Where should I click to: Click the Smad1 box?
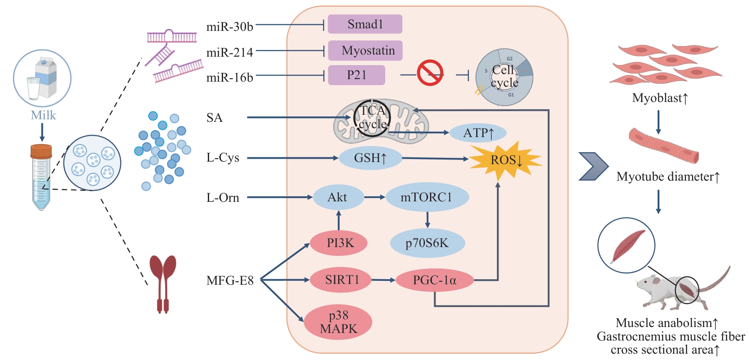click(x=365, y=24)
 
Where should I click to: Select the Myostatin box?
click(x=365, y=50)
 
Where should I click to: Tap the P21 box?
click(x=356, y=75)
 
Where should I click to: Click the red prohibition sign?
click(x=430, y=73)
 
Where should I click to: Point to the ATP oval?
click(x=478, y=133)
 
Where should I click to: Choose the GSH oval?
click(x=370, y=158)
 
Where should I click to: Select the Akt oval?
click(x=338, y=197)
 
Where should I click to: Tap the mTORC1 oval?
click(x=427, y=197)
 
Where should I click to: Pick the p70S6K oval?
click(x=427, y=243)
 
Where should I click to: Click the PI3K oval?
click(x=339, y=243)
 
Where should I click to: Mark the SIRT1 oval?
click(x=341, y=280)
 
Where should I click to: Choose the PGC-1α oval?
click(x=435, y=280)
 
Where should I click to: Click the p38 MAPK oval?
click(x=338, y=322)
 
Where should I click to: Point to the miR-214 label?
click(x=229, y=52)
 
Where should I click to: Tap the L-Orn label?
click(x=223, y=198)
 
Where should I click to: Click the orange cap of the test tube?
click(x=41, y=151)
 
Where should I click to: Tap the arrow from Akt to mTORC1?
click(x=374, y=197)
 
